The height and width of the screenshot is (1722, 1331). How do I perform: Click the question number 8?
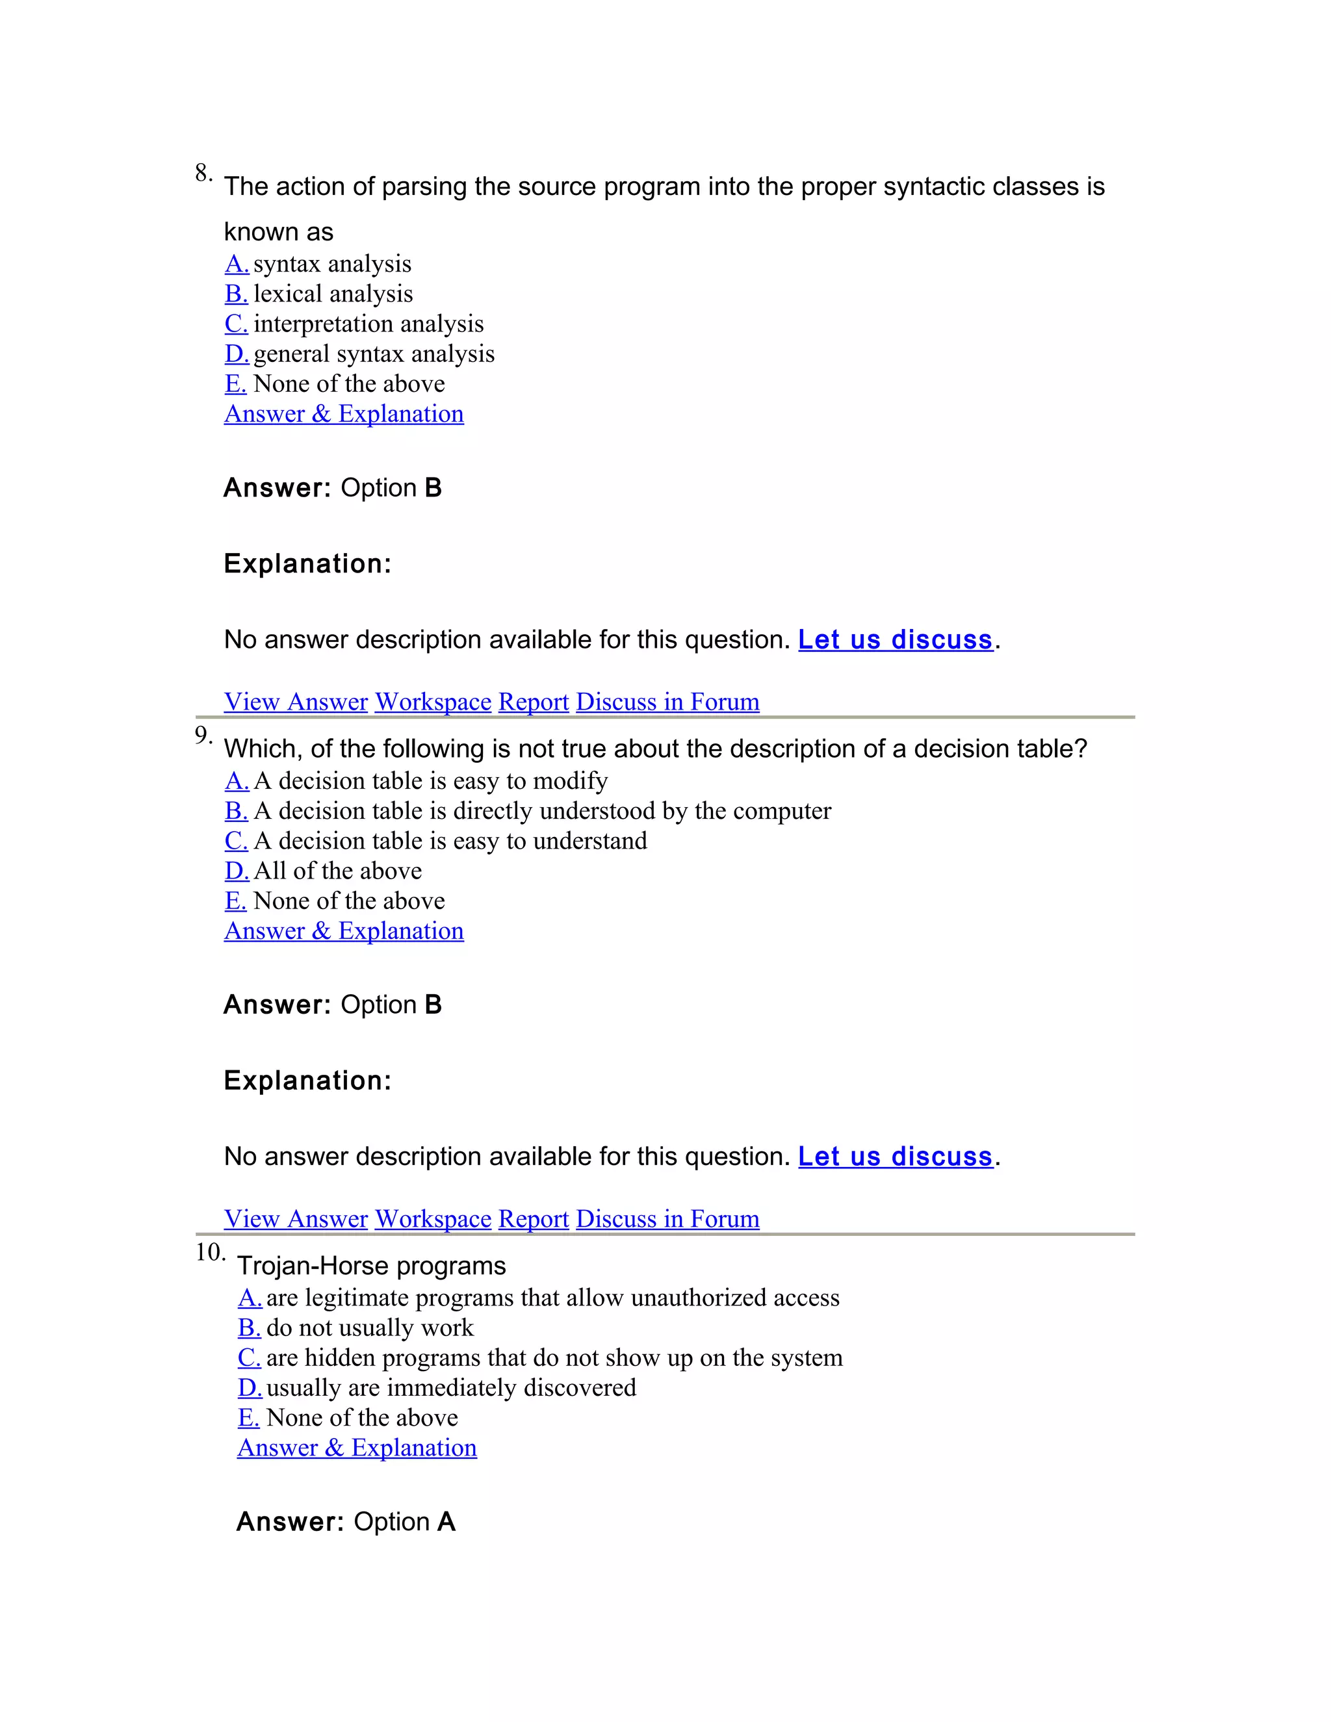pos(203,173)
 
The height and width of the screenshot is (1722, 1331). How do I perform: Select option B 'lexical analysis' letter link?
pos(236,294)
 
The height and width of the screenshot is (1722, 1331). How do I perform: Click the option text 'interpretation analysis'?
pos(368,324)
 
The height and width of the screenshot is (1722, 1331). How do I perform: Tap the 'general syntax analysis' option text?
pos(374,354)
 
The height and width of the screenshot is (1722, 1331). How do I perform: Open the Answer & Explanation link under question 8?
pos(344,414)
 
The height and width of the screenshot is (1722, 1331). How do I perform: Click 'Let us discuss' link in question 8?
pos(895,639)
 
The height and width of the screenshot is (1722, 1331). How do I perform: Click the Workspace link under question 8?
pos(433,702)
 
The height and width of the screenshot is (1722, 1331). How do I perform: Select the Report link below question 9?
pos(533,1219)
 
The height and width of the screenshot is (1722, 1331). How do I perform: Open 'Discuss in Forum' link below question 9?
pos(667,1219)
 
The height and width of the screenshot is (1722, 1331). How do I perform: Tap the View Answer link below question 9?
pos(296,1219)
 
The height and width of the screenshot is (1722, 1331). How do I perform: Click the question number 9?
pos(203,736)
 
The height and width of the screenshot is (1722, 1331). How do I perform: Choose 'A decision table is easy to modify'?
pos(430,781)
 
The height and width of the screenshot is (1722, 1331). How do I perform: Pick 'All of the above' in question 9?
pos(337,871)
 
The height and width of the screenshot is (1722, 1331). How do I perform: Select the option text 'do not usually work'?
pos(370,1328)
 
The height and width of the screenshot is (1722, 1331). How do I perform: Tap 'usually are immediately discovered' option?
pos(451,1388)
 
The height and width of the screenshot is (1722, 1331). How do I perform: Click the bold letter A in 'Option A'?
pos(446,1522)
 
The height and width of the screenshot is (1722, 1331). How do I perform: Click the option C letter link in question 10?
pos(249,1357)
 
